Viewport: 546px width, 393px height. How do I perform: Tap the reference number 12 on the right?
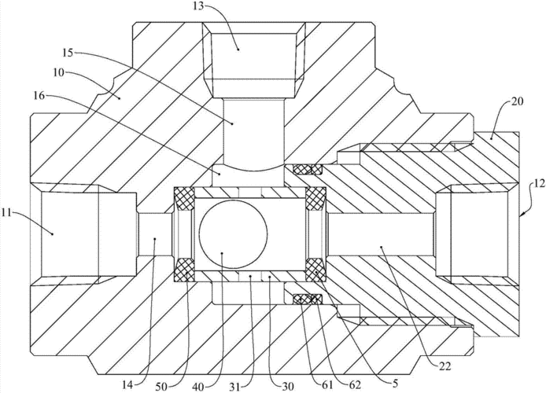pyautogui.click(x=535, y=182)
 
